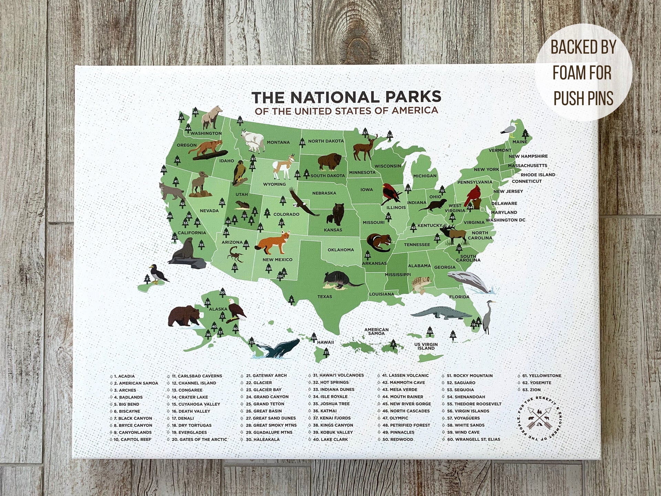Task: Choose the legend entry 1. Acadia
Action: pos(124,376)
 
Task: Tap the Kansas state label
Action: pos(333,230)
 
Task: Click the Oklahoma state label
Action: pos(340,250)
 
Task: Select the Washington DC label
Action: pos(505,220)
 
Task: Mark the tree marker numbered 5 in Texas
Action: pos(292,299)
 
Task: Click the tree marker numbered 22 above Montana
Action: pos(240,120)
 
